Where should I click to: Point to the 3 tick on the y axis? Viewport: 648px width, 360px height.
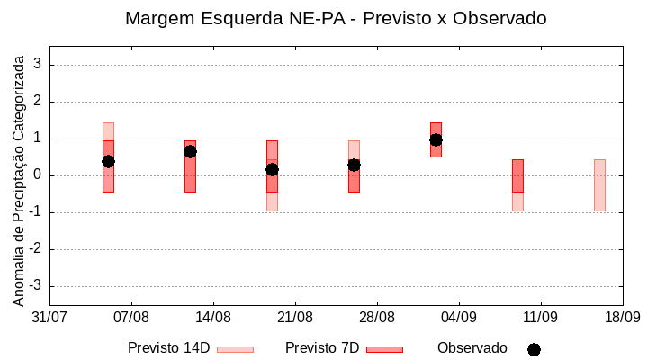tap(38, 65)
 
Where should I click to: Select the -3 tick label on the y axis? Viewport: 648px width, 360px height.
tap(35, 286)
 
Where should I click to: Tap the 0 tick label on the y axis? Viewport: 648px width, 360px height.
tap(38, 175)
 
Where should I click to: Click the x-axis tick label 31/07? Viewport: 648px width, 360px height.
tap(49, 318)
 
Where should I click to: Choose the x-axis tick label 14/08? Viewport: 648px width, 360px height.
tap(213, 318)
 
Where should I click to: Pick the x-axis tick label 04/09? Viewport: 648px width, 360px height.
tap(459, 318)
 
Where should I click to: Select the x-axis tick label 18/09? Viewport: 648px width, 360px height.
tap(622, 318)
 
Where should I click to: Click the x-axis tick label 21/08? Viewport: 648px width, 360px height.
tap(295, 318)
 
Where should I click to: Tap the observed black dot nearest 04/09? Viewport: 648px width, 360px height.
tap(436, 139)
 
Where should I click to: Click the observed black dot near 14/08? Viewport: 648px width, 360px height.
tap(190, 151)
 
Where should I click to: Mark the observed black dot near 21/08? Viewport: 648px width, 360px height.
tap(272, 169)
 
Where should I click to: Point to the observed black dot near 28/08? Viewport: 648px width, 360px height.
tap(354, 165)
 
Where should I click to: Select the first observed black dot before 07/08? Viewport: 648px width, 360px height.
tap(108, 161)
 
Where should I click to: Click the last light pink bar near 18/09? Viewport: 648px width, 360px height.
tap(599, 184)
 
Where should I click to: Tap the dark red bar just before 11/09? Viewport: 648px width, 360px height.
tap(517, 175)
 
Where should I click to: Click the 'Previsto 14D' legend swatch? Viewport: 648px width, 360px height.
tap(235, 349)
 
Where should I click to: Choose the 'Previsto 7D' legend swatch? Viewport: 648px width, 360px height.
tap(384, 349)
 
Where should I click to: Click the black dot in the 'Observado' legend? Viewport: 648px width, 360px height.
tap(534, 349)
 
